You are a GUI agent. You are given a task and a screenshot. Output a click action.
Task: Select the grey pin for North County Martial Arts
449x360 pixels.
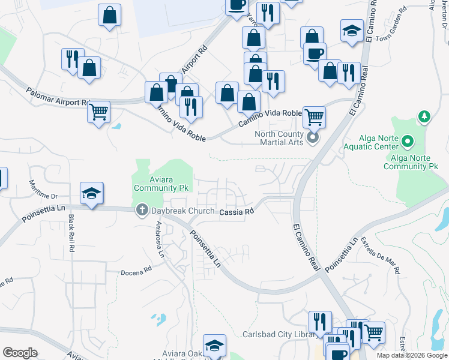312,139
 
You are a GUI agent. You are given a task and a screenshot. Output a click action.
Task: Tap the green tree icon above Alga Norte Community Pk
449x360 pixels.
424,116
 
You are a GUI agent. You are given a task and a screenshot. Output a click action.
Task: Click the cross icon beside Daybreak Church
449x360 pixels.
142,210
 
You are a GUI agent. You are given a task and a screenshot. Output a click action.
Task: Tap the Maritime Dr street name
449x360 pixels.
45,196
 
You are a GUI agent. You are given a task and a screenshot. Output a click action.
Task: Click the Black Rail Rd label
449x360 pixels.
71,232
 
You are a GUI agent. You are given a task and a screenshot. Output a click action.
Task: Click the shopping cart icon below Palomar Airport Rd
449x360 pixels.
98,112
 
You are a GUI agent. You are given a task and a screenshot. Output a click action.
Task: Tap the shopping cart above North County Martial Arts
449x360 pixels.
314,116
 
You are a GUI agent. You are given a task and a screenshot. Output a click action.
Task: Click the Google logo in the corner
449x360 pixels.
20,353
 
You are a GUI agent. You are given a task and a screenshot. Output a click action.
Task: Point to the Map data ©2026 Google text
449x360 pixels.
411,355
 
